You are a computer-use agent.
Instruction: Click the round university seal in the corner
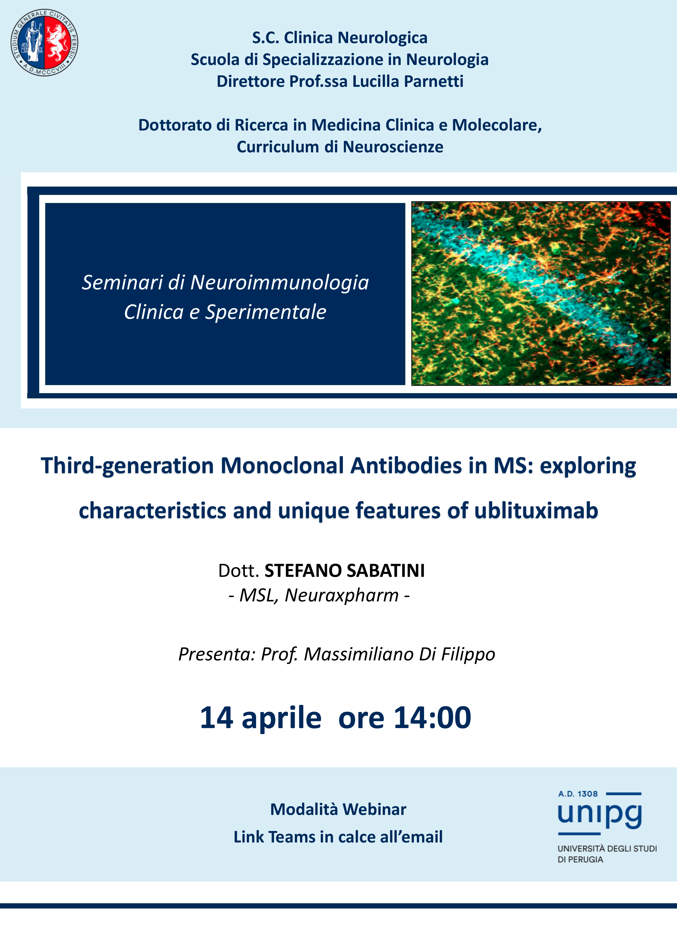point(44,43)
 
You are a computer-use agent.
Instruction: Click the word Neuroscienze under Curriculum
point(393,147)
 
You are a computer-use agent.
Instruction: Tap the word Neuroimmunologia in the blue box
point(280,283)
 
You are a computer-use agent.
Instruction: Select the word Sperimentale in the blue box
point(266,312)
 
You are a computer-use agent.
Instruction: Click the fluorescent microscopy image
point(541,293)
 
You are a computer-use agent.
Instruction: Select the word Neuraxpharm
point(342,595)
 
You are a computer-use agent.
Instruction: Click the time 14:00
point(432,718)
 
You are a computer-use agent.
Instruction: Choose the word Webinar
point(374,809)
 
